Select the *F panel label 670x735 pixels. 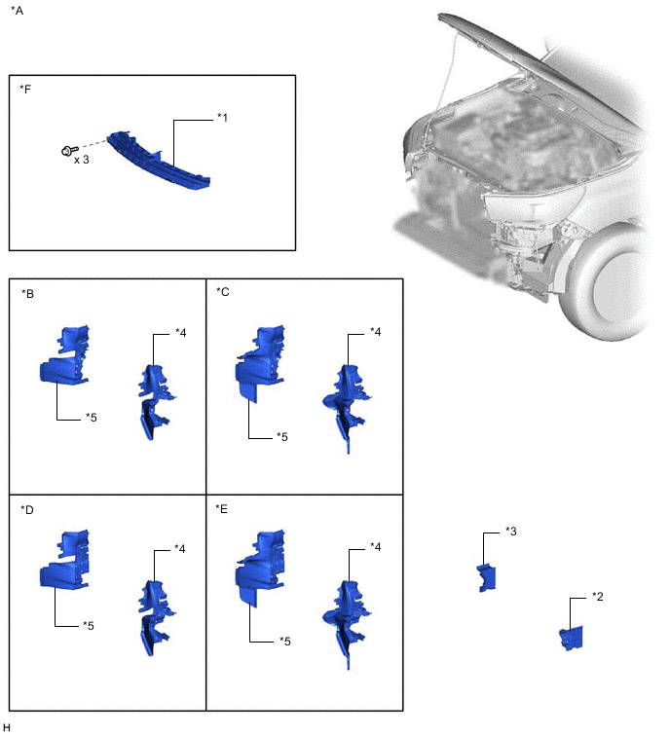pyautogui.click(x=25, y=89)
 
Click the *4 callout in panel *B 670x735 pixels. pyautogui.click(x=180, y=333)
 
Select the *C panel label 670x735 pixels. pyautogui.click(x=222, y=291)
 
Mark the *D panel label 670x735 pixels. pyautogui.click(x=26, y=508)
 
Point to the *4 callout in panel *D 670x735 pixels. pyautogui.click(x=180, y=549)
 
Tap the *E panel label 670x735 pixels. pyautogui.click(x=222, y=508)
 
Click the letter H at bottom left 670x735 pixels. pyautogui.click(x=7, y=726)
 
